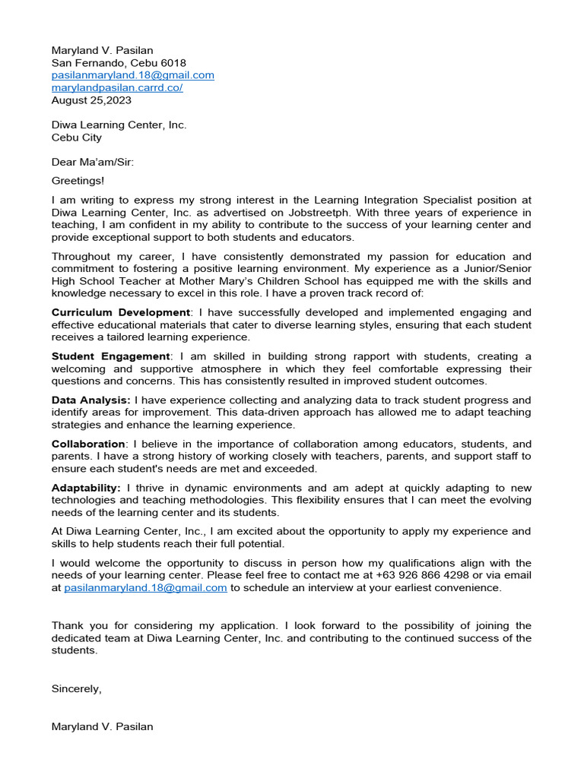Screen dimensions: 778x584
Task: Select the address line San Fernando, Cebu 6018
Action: pos(118,63)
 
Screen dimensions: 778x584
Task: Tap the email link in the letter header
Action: pos(132,75)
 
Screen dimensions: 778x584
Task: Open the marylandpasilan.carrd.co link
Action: pos(116,87)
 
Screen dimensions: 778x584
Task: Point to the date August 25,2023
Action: pos(91,100)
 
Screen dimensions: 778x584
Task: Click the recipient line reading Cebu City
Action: pos(76,138)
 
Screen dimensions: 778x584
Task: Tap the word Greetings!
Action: pos(78,180)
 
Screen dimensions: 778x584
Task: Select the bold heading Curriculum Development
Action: pos(120,312)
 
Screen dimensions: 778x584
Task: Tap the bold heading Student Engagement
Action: pos(111,356)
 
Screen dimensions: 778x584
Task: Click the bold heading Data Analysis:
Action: pos(91,400)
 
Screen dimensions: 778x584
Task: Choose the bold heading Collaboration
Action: pos(88,444)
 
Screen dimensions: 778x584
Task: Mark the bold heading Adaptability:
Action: pos(86,488)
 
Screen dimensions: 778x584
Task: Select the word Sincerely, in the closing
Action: pos(76,688)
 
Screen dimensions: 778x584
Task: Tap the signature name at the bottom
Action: pos(102,726)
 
